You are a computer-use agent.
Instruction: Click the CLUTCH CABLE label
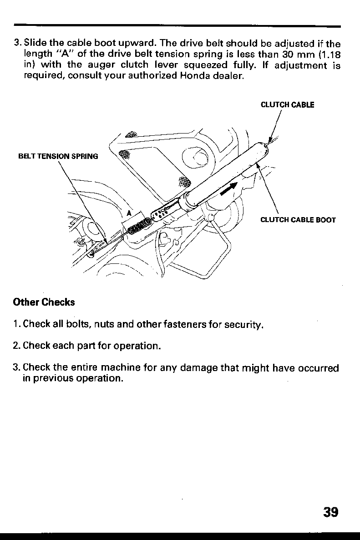click(287, 105)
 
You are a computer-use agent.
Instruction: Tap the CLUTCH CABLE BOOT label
click(298, 220)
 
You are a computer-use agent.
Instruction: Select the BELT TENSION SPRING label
click(58, 157)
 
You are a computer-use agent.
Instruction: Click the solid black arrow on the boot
click(228, 188)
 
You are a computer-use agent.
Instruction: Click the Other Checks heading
click(44, 302)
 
